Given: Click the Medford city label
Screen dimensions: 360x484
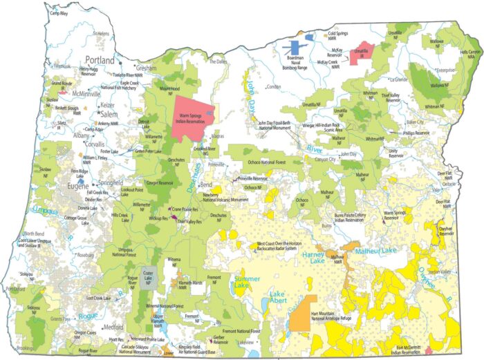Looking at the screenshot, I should point(111,327).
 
